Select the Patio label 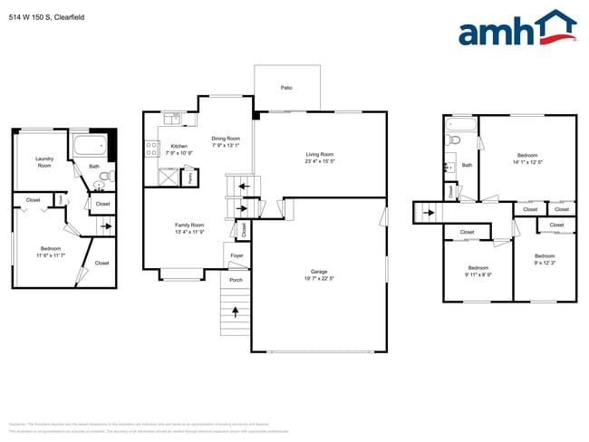click(285, 88)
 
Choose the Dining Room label click(226, 139)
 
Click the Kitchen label click(179, 146)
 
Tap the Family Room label click(189, 225)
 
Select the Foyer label click(236, 256)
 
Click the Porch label click(236, 280)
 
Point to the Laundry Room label click(44, 162)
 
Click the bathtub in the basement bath click(91, 145)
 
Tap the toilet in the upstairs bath click(455, 140)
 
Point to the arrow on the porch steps click(236, 312)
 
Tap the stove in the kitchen click(150, 148)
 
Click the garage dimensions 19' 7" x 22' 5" click(319, 278)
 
